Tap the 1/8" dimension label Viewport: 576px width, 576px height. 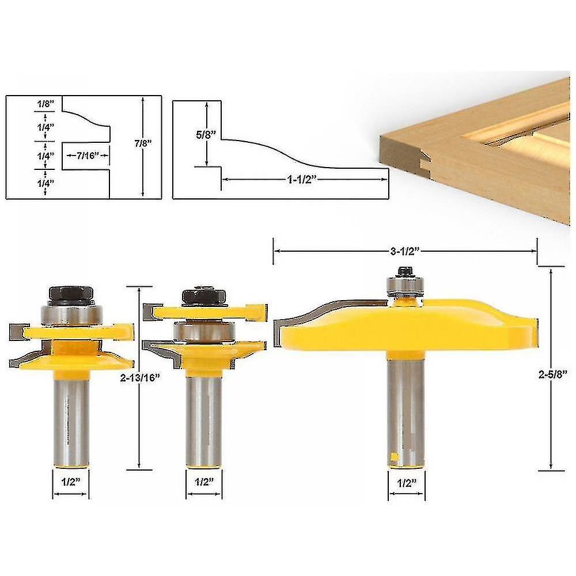coord(44,104)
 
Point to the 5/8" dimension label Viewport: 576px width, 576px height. coord(206,135)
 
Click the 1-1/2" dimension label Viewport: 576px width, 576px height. coord(302,179)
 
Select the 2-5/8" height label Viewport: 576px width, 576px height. coord(551,373)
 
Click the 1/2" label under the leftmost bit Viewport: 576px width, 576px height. coord(70,482)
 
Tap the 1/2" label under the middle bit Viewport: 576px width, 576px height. coord(204,482)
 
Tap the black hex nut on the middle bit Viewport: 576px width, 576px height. coord(204,296)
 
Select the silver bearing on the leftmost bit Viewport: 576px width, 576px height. coord(71,314)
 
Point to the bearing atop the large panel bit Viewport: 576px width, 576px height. coord(406,286)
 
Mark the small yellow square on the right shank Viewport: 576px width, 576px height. coord(395,458)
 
